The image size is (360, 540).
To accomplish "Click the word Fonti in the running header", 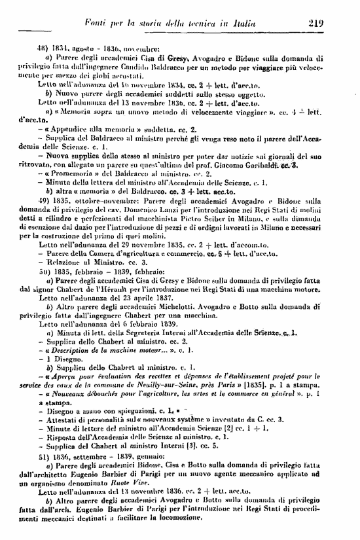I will (94, 25).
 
